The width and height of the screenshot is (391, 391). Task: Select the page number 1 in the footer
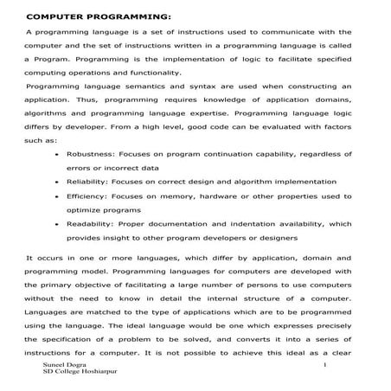point(322,369)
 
